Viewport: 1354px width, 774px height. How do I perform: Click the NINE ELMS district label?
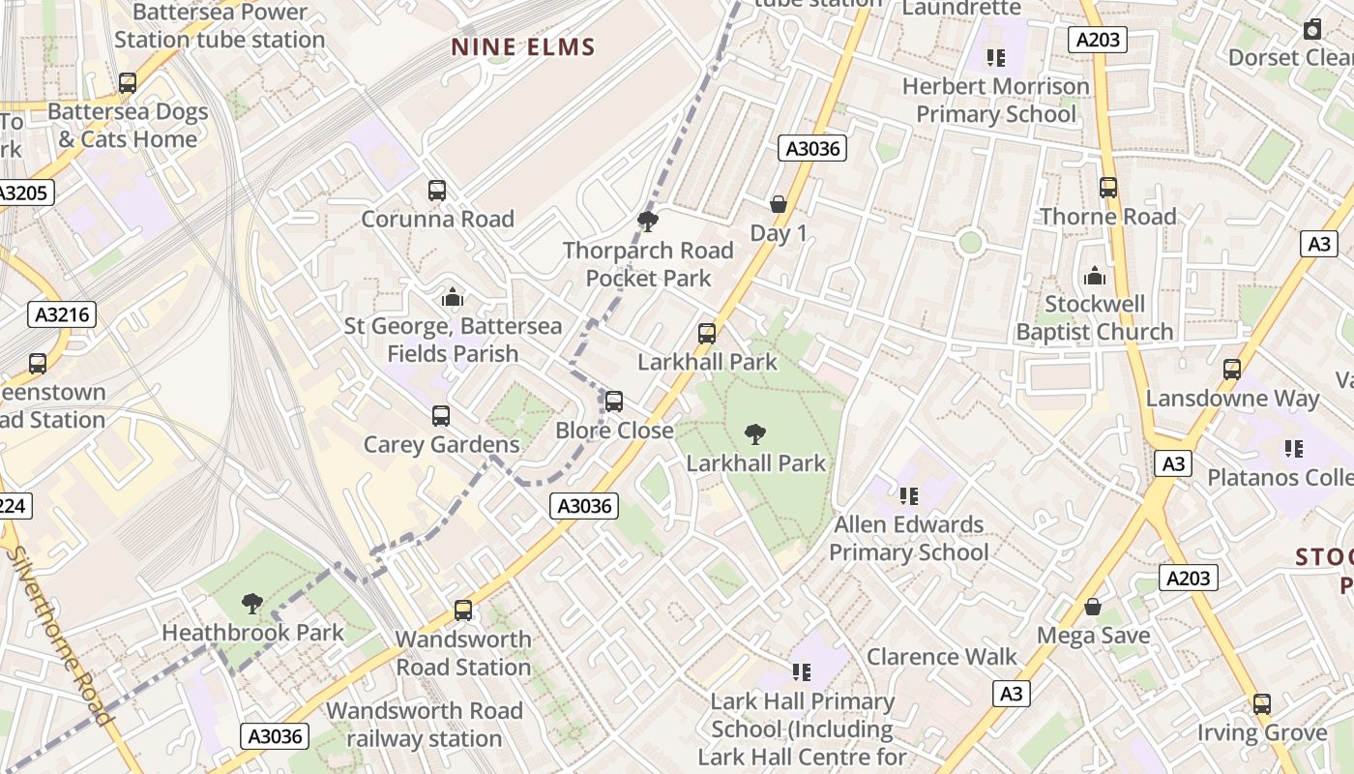tap(523, 46)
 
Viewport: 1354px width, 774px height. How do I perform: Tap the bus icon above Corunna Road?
tap(437, 191)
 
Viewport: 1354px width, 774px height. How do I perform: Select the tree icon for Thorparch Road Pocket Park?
tap(648, 222)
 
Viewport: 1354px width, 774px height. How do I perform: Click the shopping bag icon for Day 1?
tap(779, 204)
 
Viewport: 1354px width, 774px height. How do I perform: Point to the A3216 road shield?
tap(62, 314)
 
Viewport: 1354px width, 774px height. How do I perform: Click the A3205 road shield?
tap(23, 193)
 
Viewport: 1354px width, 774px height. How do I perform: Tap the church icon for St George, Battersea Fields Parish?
tap(452, 297)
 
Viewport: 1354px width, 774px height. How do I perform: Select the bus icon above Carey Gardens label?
tap(441, 416)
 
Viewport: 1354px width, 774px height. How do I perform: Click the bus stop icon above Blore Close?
tap(614, 402)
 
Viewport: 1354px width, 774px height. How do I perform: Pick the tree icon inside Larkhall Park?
tap(755, 434)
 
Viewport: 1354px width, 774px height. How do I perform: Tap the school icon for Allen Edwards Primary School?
tap(908, 496)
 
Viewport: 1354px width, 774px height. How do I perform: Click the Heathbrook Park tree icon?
tap(252, 604)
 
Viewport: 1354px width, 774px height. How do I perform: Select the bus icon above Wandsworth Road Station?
tap(463, 610)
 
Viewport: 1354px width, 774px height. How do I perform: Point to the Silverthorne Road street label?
tap(60, 634)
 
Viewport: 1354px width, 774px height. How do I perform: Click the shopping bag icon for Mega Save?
tap(1093, 607)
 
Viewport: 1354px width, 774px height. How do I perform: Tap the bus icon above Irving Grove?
tap(1262, 704)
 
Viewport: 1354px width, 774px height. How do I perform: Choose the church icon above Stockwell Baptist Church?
tap(1095, 276)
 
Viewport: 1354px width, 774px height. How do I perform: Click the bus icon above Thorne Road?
tap(1108, 188)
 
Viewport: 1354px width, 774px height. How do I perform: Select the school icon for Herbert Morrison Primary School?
tap(996, 58)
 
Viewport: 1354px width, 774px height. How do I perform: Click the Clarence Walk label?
tap(941, 657)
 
